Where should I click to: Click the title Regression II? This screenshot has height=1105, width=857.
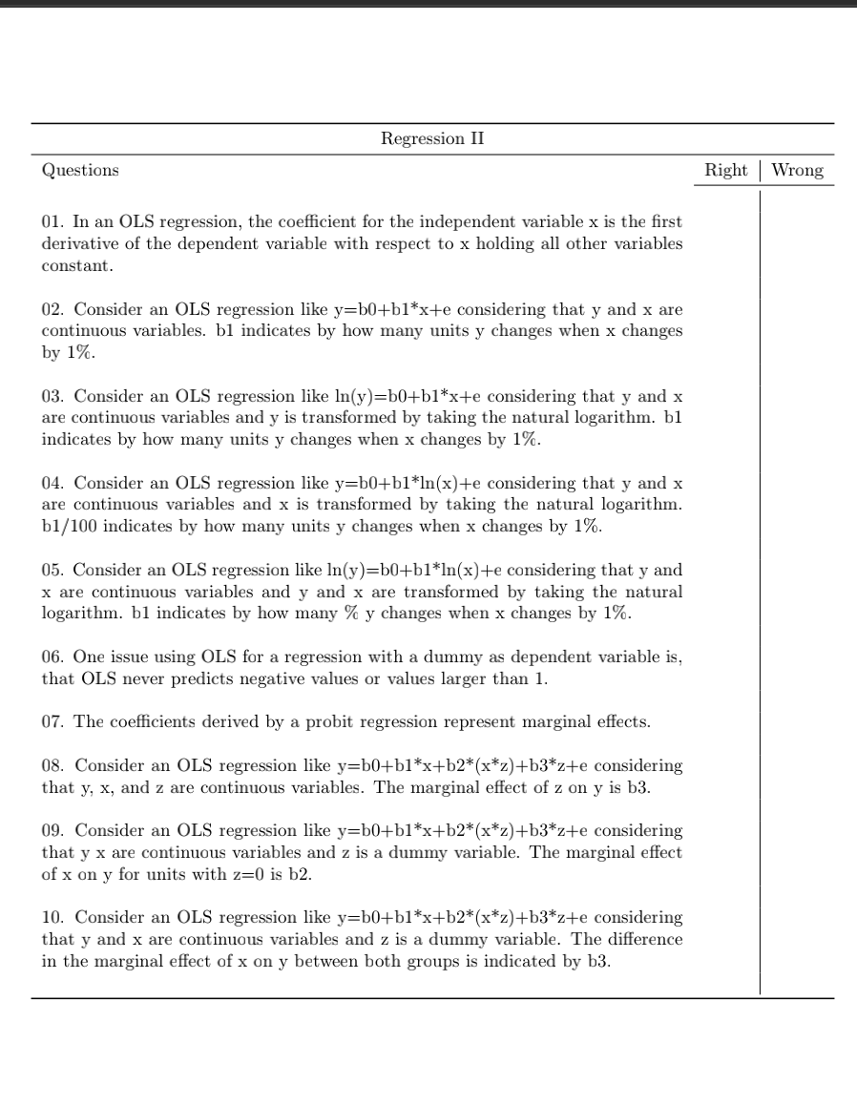(432, 139)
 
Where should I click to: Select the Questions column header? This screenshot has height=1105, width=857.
(80, 171)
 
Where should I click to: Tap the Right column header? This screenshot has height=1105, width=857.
(725, 171)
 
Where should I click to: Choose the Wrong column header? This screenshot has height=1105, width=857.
(797, 171)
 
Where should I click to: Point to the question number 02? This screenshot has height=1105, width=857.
(52, 309)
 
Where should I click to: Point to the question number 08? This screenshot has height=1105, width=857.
(52, 765)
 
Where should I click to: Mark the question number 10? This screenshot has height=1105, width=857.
(52, 917)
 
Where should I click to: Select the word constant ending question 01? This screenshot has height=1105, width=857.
(76, 265)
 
